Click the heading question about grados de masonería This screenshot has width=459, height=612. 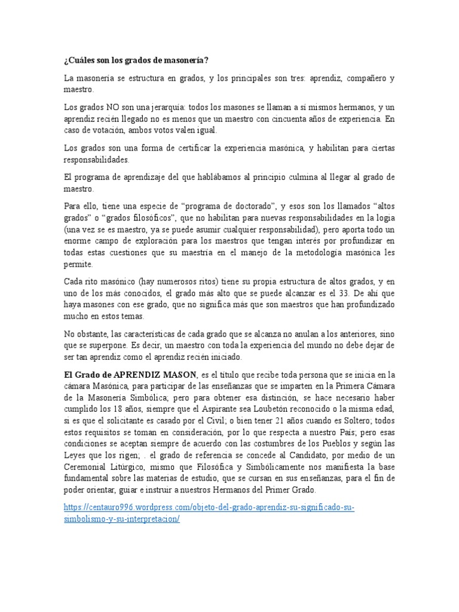click(x=136, y=61)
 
